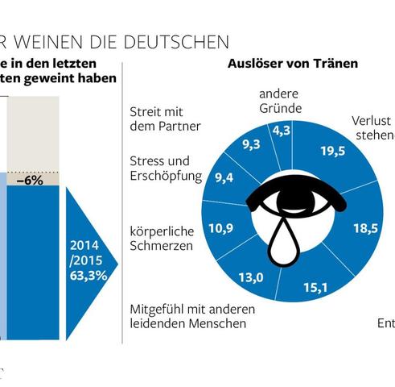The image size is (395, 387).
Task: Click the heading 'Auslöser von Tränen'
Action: tap(293, 63)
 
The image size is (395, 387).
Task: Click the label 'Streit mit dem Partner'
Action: tap(164, 119)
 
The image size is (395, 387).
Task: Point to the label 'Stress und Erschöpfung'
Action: tap(165, 168)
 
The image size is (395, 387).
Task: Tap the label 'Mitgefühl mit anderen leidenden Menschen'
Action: tap(187, 316)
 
